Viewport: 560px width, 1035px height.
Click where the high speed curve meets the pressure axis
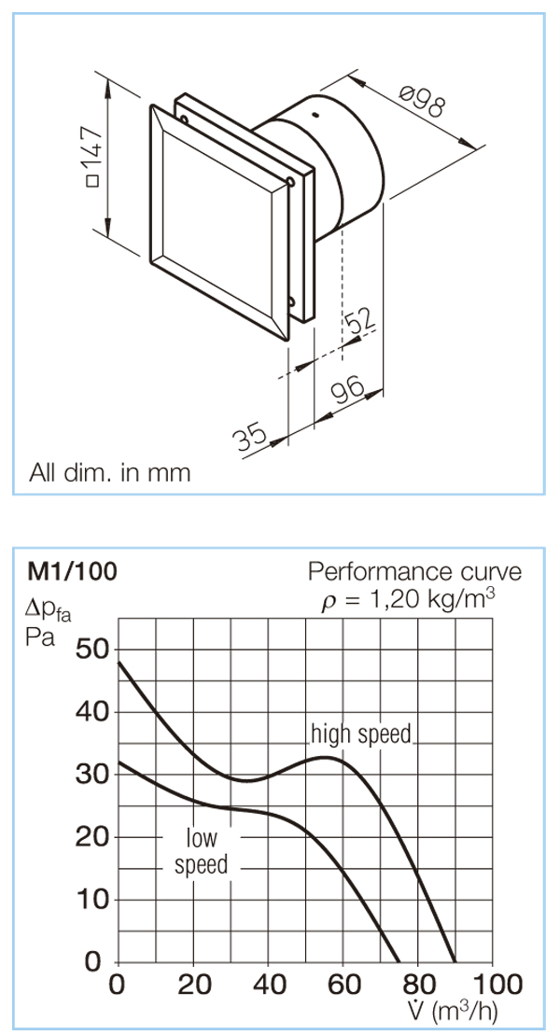(x=119, y=662)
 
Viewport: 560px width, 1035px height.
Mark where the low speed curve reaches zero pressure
(x=399, y=961)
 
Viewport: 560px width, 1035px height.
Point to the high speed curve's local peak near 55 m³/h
(x=327, y=757)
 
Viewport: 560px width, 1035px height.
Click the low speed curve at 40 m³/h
(x=268, y=812)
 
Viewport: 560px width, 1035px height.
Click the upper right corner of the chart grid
(x=493, y=619)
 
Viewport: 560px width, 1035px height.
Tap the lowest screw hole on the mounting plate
(x=290, y=303)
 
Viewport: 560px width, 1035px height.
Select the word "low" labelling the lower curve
(x=202, y=838)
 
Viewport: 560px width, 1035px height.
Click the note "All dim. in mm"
(x=109, y=472)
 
